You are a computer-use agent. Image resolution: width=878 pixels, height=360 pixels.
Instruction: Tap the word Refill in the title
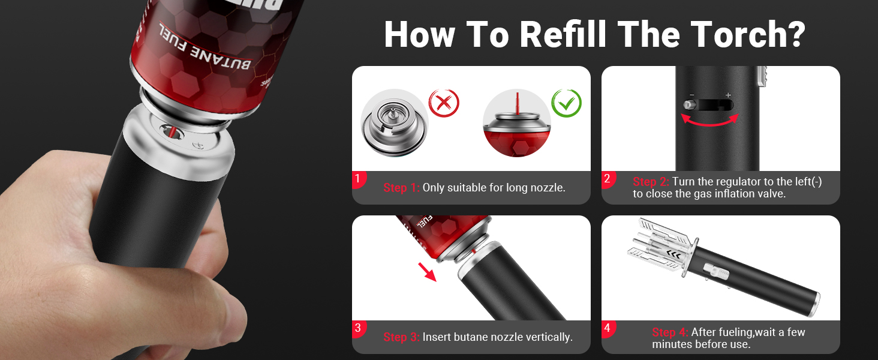[x=564, y=35]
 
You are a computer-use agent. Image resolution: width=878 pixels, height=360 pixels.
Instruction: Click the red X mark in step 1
[x=444, y=103]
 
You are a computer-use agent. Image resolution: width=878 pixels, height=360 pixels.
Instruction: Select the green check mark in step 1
[x=566, y=103]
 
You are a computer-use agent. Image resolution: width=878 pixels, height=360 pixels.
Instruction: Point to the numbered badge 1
[x=358, y=179]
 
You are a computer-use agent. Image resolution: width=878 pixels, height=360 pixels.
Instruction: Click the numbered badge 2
[x=608, y=179]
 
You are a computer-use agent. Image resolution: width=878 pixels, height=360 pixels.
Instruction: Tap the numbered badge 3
[x=358, y=329]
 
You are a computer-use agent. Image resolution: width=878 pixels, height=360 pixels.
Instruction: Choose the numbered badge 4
[x=608, y=329]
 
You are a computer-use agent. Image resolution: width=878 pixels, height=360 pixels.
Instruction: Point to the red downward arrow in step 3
[x=427, y=272]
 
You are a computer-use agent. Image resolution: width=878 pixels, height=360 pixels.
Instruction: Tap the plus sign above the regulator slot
[x=728, y=95]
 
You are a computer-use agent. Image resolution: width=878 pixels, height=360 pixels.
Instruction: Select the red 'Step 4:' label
[x=670, y=332]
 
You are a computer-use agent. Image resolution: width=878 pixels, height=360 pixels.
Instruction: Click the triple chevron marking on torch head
[x=673, y=255]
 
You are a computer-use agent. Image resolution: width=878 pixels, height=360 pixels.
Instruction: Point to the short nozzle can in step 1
[x=394, y=123]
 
